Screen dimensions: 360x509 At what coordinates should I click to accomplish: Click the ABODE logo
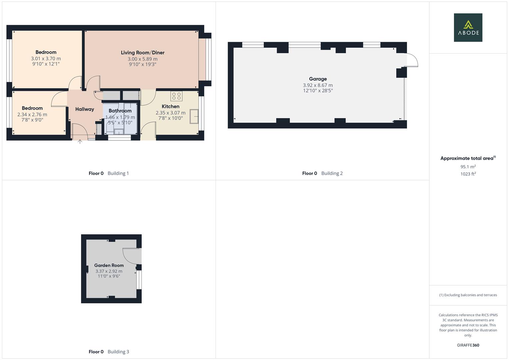468,27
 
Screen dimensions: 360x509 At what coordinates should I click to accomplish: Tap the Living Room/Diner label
142,53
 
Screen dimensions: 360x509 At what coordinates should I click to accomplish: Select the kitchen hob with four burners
176,96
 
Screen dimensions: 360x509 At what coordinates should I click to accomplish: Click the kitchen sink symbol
194,117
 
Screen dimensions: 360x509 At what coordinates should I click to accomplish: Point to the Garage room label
318,79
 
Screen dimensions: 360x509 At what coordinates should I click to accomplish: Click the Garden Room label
109,265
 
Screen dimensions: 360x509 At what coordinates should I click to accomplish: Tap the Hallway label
84,109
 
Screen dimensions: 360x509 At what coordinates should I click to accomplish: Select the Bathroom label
120,111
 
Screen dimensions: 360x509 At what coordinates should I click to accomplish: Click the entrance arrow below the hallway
80,142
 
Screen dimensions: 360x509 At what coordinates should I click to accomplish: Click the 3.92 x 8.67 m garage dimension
318,85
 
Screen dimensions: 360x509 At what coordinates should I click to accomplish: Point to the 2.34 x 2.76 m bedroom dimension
32,114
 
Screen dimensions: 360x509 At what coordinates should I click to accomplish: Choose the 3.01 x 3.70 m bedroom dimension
46,58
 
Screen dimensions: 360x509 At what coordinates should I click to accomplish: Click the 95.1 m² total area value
468,167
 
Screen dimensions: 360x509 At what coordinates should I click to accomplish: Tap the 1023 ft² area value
468,174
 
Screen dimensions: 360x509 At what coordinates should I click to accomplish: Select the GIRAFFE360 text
468,345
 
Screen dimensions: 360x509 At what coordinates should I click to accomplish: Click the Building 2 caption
332,173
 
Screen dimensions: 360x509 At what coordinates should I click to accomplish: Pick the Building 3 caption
118,352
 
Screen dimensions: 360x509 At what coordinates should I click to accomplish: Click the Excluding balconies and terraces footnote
468,295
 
